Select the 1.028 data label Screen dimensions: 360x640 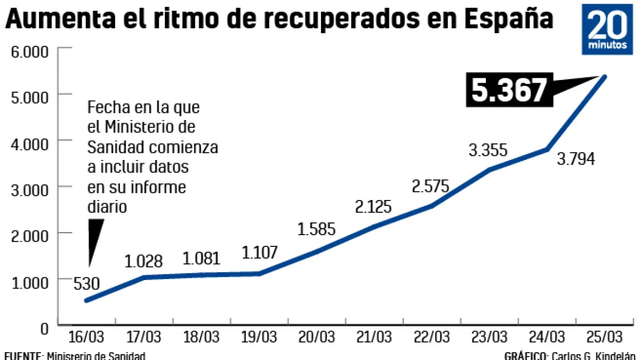[143, 261]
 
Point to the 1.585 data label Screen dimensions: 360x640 [316, 229]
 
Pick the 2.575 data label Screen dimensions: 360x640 [430, 187]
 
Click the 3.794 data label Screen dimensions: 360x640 [575, 159]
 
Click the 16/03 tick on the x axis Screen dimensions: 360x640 [86, 337]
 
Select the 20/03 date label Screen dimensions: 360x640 [316, 337]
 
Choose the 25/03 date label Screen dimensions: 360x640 [604, 337]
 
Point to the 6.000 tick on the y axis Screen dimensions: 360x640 [30, 52]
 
